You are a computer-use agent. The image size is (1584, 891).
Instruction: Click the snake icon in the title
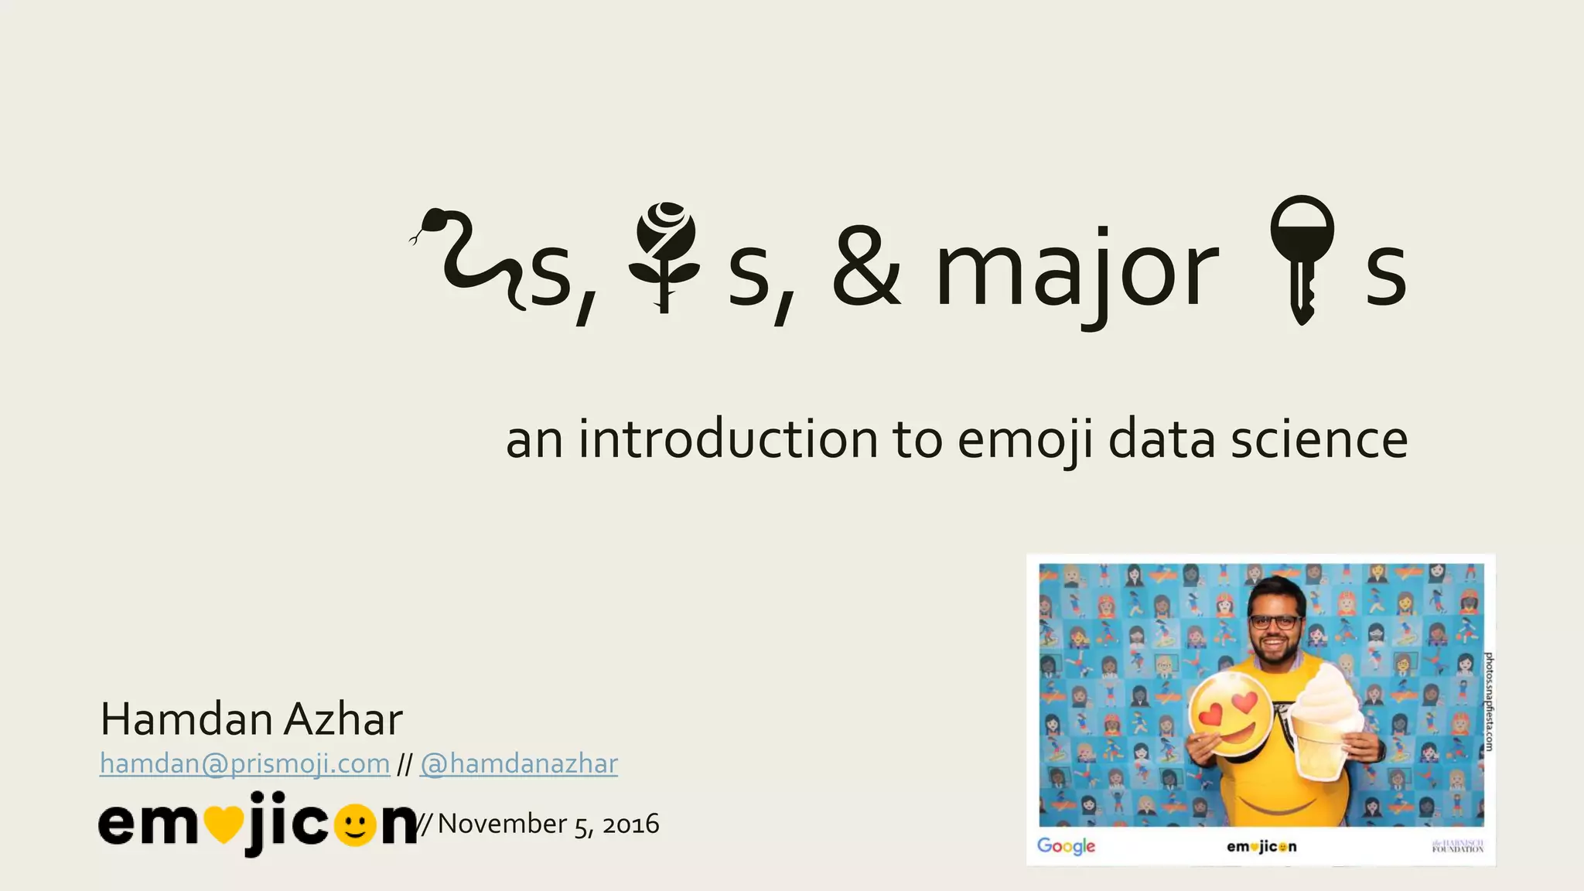tap(468, 259)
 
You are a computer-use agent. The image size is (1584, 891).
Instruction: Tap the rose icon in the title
tap(664, 255)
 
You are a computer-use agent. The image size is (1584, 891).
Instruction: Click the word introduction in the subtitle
tap(728, 439)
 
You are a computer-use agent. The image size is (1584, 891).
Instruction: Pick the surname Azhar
tap(343, 719)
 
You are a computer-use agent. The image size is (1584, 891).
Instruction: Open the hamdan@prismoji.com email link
tap(244, 764)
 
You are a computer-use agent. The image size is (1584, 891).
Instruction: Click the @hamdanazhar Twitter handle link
tap(518, 764)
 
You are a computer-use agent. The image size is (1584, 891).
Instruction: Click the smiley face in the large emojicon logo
tap(355, 826)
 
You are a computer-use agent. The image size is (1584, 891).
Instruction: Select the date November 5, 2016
tap(548, 824)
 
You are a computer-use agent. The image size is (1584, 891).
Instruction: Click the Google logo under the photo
tap(1066, 845)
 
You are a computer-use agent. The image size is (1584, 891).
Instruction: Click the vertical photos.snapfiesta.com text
tap(1488, 701)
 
